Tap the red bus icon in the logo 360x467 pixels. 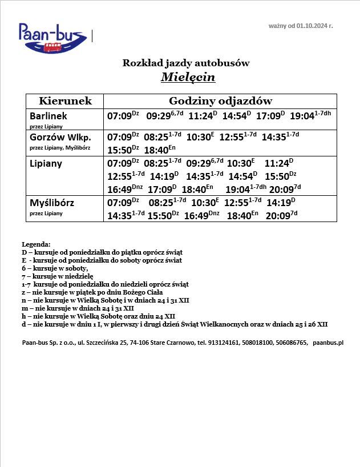(x=52, y=46)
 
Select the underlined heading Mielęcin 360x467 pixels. (x=188, y=77)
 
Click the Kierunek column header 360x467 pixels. (x=65, y=101)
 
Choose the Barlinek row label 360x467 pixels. (x=48, y=116)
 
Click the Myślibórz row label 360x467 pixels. (x=52, y=203)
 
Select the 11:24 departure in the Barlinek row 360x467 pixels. (x=200, y=116)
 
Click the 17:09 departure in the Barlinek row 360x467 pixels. (x=268, y=116)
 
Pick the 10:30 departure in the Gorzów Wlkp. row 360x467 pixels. (x=198, y=138)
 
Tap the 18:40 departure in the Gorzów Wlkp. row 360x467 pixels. (x=156, y=151)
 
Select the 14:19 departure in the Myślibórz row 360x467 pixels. (x=278, y=203)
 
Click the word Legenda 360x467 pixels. (x=36, y=244)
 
